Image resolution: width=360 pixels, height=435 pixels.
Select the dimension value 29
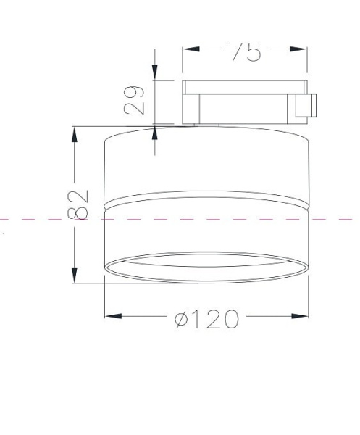pyautogui.click(x=134, y=100)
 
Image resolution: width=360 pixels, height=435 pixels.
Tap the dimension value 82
pyautogui.click(x=78, y=204)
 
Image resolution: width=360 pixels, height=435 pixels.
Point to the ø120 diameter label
pyautogui.click(x=206, y=319)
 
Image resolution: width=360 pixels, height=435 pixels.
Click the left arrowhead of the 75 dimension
pyautogui.click(x=191, y=49)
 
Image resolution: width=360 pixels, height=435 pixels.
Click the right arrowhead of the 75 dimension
pyautogui.click(x=298, y=49)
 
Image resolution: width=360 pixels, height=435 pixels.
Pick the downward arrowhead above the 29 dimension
pyautogui.click(x=154, y=72)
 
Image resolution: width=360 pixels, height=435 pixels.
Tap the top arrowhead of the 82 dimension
pyautogui.click(x=75, y=135)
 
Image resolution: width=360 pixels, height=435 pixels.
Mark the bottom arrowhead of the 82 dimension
pyautogui.click(x=75, y=275)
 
